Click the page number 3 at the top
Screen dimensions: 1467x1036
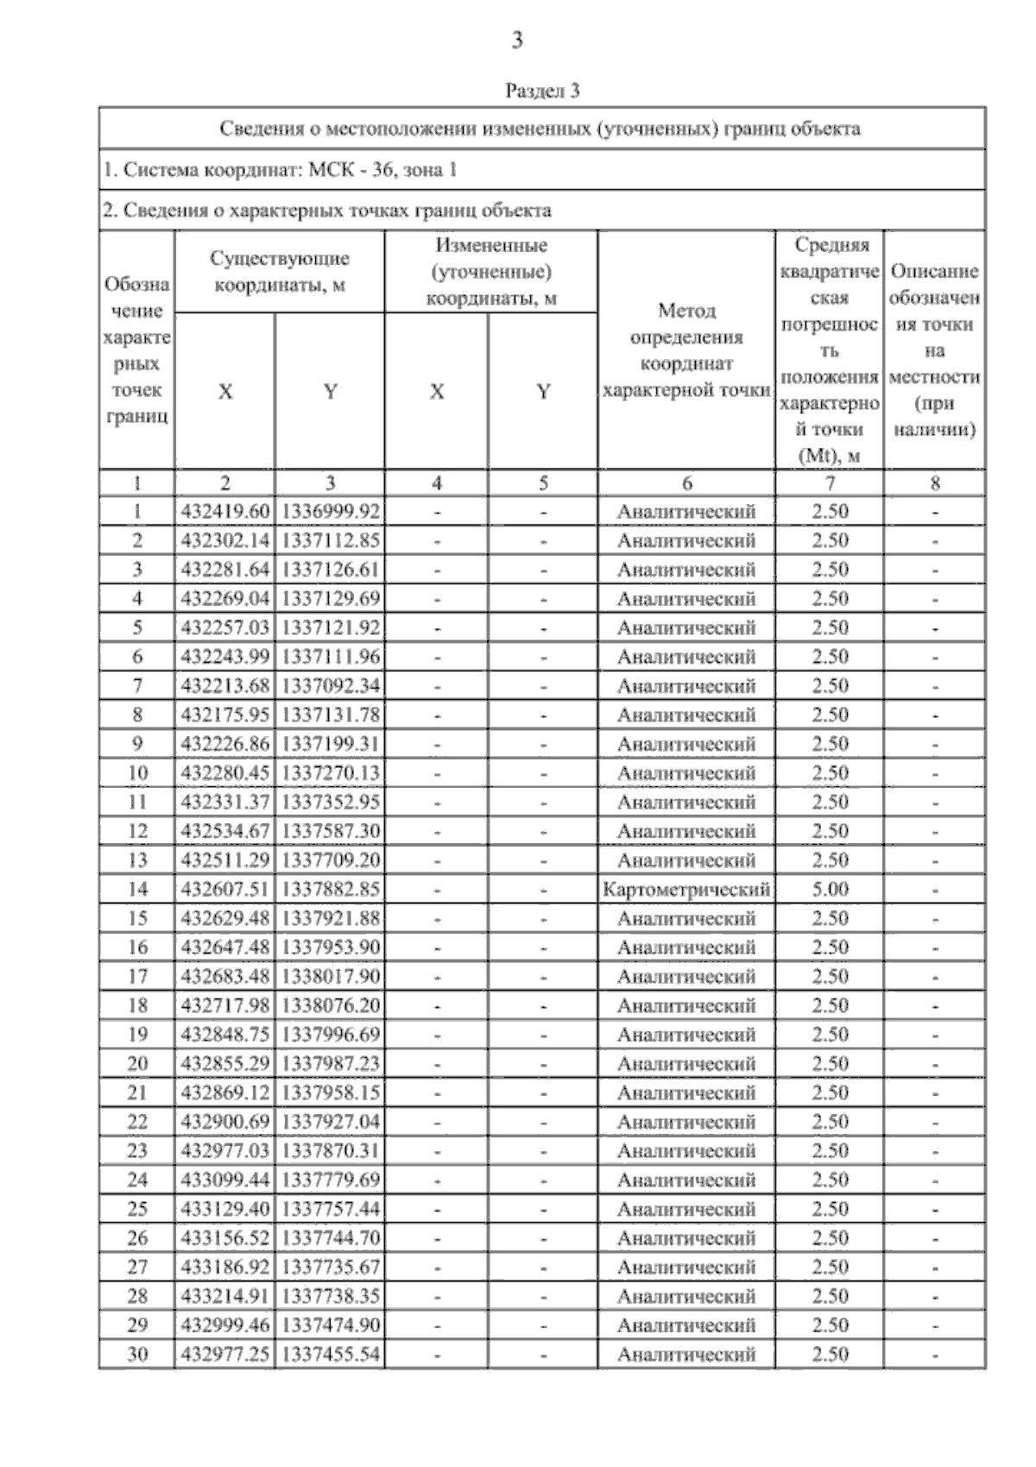517,41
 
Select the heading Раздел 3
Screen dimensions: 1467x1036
541,91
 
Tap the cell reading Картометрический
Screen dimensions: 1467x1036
686,889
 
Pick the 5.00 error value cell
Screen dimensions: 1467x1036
830,889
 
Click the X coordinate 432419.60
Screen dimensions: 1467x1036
224,512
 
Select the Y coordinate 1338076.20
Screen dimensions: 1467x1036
331,1005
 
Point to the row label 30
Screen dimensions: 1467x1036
137,1354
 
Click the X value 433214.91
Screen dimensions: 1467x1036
224,1296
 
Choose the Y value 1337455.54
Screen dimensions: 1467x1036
331,1354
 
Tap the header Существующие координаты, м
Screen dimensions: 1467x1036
280,272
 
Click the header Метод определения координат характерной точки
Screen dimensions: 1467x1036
686,349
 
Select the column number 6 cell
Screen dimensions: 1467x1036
686,483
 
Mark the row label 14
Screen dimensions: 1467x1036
137,889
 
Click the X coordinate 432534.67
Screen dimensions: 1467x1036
224,831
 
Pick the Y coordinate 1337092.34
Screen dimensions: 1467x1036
331,686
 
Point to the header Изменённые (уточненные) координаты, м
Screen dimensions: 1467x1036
490,272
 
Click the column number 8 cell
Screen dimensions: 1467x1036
934,483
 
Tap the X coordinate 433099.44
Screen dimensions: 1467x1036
224,1180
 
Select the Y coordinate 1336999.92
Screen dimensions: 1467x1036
331,512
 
